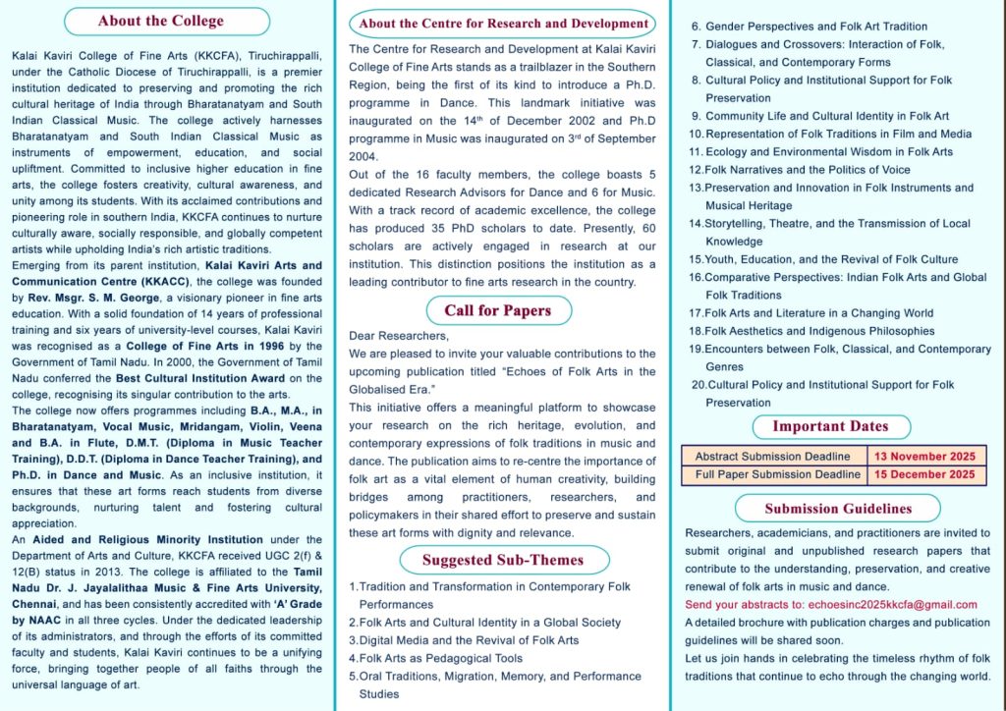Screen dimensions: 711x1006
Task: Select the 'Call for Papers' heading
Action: click(497, 310)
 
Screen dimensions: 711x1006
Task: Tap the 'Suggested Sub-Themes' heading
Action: click(502, 560)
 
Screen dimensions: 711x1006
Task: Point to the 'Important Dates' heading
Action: click(829, 426)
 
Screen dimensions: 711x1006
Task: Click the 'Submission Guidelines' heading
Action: click(838, 509)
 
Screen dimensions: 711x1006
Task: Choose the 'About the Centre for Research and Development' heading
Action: click(503, 24)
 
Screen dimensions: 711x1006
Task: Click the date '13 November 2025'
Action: click(926, 457)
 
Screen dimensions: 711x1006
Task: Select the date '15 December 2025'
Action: click(926, 474)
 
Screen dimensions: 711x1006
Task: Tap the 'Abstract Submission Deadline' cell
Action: click(772, 457)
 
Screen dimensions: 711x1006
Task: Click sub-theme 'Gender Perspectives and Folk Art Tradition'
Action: click(815, 27)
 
